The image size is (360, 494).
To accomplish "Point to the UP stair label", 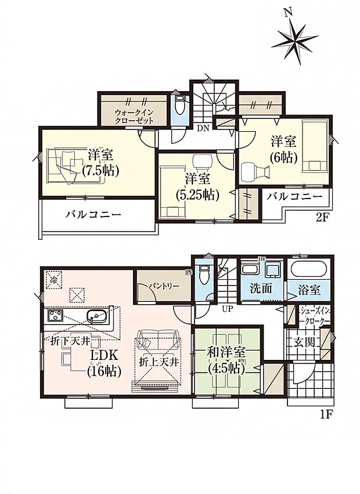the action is point(227,309).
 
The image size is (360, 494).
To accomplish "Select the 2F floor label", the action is point(322,217).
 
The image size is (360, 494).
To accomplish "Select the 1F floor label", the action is point(325,414).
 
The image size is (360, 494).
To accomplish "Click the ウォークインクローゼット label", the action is point(134,116).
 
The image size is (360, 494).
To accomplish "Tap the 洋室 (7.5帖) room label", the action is point(100,163).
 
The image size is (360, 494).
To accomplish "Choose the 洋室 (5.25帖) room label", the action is point(197,187).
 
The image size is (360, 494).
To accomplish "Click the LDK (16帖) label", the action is point(105,363).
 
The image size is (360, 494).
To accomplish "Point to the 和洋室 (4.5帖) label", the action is point(226,360).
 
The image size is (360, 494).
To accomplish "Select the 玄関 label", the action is point(304,342).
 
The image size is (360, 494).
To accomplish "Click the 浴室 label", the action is point(309,290).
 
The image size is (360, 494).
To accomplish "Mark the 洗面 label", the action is point(261,289).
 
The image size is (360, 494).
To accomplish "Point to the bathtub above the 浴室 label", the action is point(309,269).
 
